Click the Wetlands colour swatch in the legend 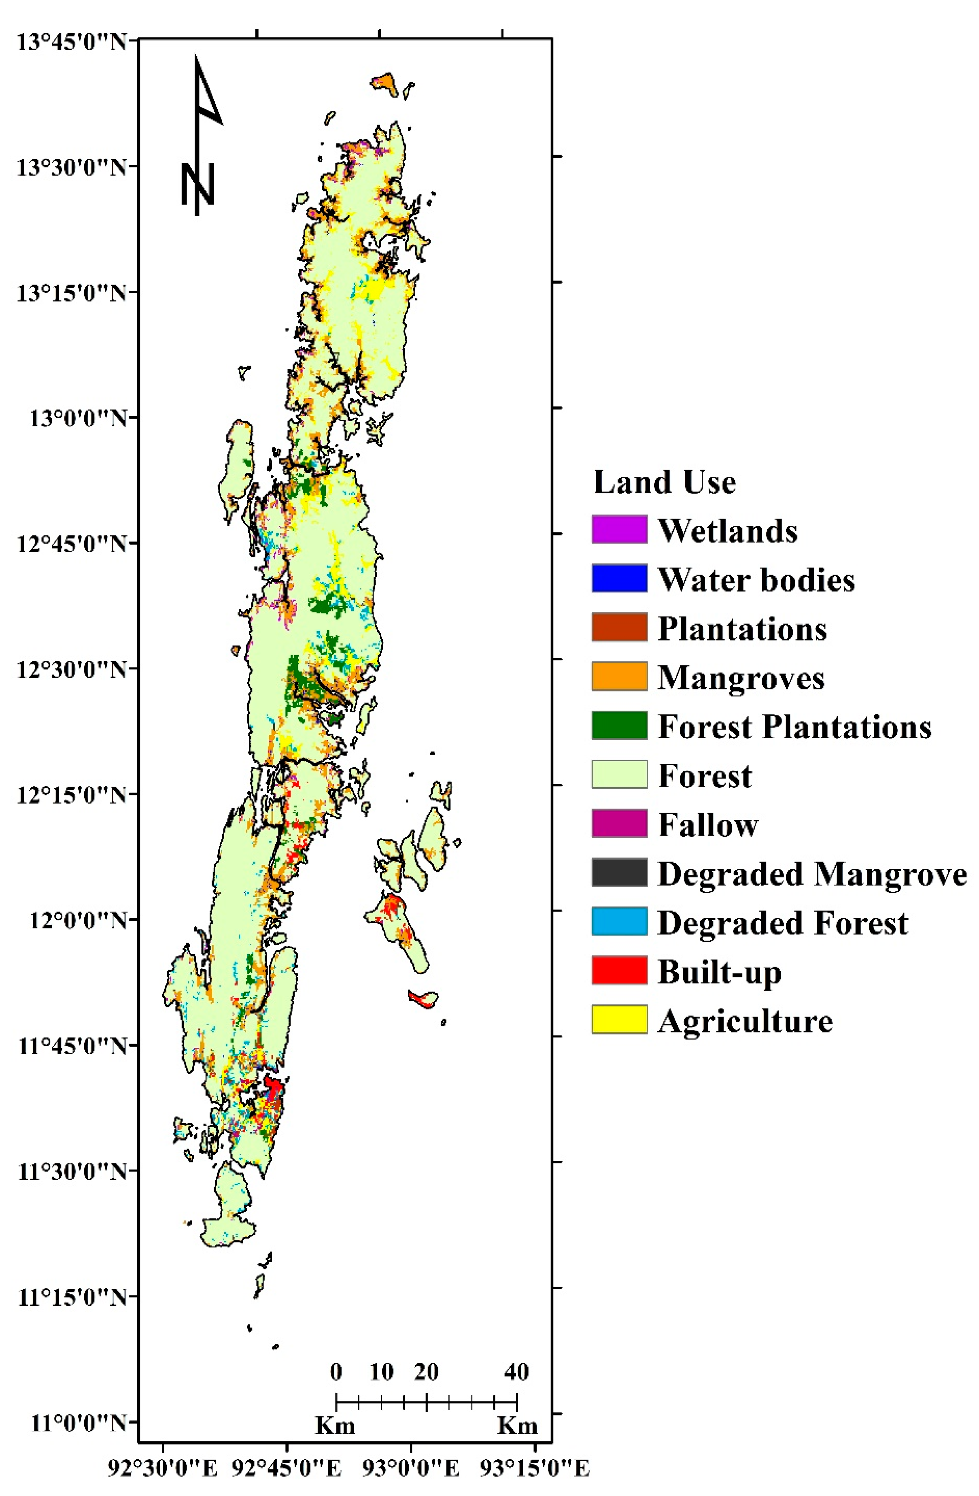tap(619, 529)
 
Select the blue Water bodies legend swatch tap(619, 578)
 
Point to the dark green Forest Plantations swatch tap(619, 726)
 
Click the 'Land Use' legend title tap(664, 483)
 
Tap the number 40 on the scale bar tap(516, 1372)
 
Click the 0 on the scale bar tap(336, 1372)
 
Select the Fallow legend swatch tap(619, 824)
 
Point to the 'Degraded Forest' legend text tap(782, 923)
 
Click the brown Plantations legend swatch tap(619, 627)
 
